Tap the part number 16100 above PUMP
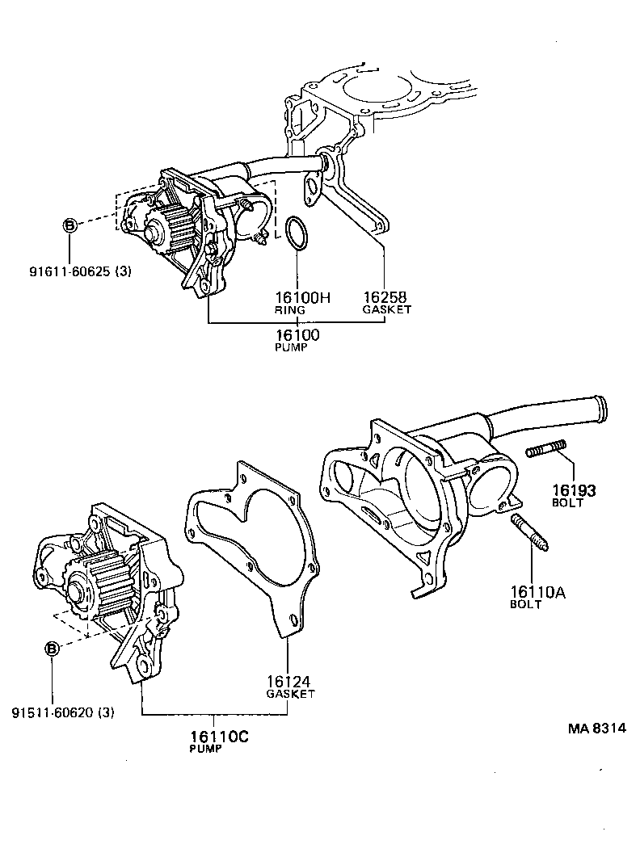(x=296, y=334)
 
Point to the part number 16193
(x=574, y=489)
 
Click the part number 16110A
(x=537, y=592)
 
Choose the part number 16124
(x=290, y=682)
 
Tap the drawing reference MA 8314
(x=596, y=728)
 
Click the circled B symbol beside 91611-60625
(x=69, y=226)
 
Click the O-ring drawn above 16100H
(x=297, y=233)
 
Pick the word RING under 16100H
(x=288, y=309)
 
